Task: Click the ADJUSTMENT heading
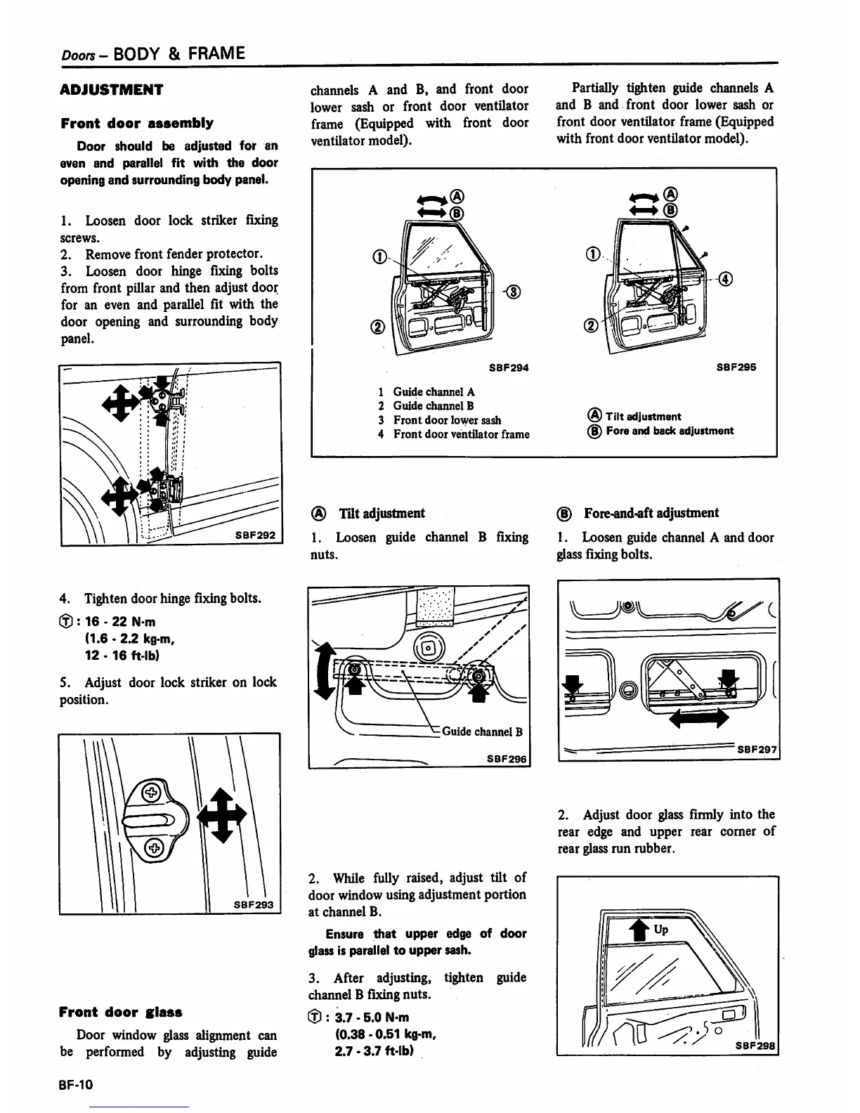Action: (x=112, y=89)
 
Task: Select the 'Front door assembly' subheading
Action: (x=137, y=123)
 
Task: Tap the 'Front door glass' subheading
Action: (x=121, y=1012)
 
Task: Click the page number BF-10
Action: (x=76, y=1085)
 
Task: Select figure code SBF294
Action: (x=509, y=367)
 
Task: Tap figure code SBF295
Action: (x=736, y=367)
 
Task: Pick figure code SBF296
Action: (x=506, y=759)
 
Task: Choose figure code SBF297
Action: (x=756, y=750)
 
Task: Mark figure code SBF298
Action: (x=755, y=1045)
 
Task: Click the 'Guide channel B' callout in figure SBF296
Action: (x=482, y=731)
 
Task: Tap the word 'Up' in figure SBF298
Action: (x=661, y=929)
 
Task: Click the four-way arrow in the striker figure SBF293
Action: (x=221, y=814)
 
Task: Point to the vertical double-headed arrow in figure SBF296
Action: (x=324, y=672)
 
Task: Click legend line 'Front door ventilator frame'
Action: (x=461, y=434)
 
